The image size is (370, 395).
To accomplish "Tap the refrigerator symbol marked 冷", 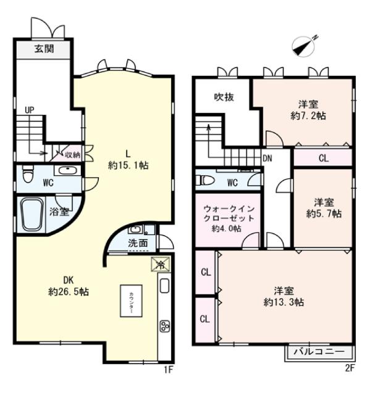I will coord(159,264).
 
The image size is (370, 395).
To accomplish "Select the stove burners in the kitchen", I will coord(165,326).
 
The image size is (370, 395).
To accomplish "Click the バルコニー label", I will coord(319,352).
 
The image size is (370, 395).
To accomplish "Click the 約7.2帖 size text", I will coord(309,115).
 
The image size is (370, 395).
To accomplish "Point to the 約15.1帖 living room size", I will coord(128,165).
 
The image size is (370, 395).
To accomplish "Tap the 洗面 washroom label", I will coord(138,243).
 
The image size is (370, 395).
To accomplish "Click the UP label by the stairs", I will coord(30,110).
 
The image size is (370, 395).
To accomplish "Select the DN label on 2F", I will coord(267,158).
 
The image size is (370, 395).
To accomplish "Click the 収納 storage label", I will coord(73,154).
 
